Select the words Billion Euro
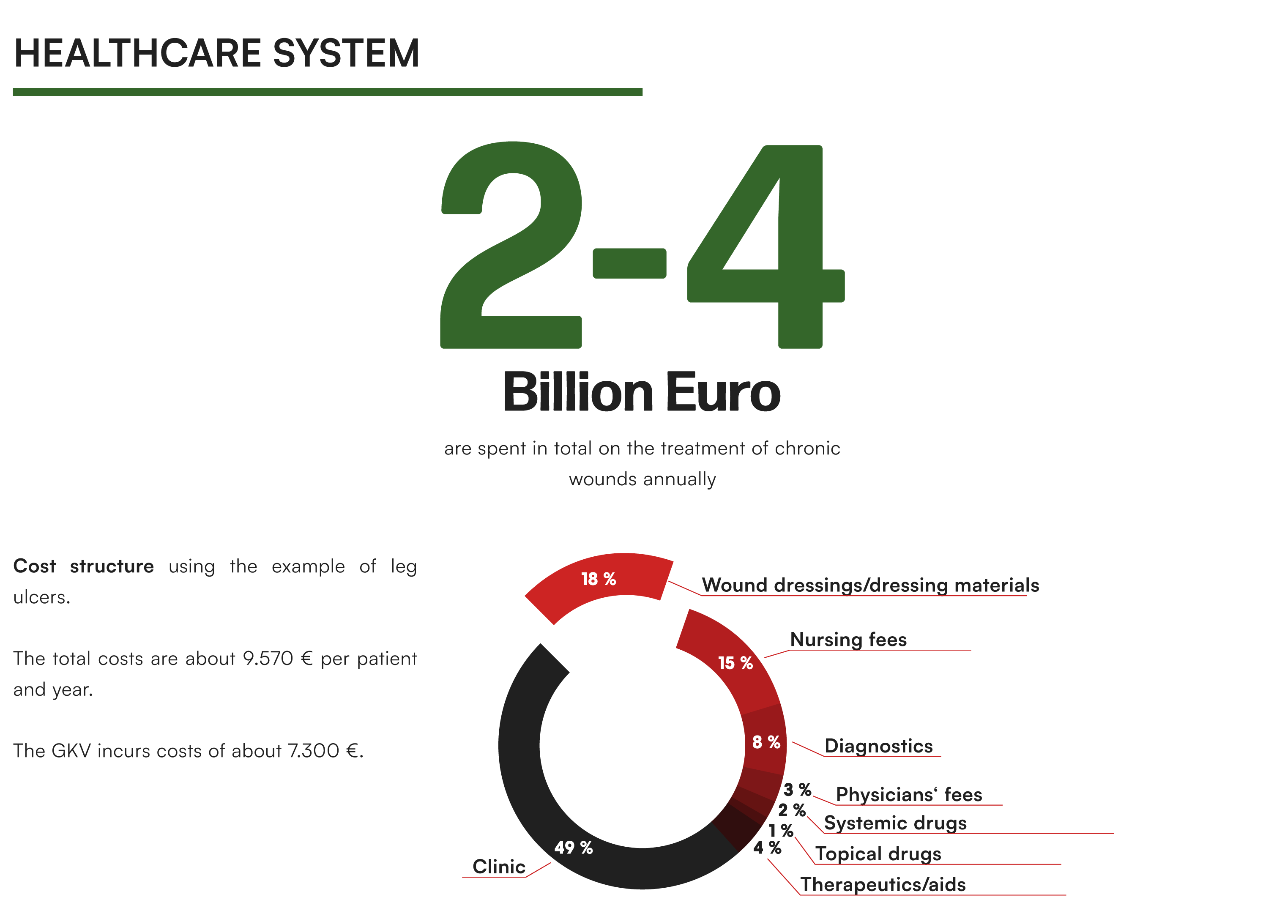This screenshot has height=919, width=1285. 642,391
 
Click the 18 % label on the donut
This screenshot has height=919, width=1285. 598,579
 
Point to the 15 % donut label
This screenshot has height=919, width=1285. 735,663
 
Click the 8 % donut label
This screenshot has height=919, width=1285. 766,742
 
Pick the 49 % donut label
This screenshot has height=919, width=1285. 573,847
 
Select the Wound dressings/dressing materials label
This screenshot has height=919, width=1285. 870,585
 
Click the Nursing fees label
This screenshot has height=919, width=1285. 848,640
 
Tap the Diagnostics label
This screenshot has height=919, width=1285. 878,746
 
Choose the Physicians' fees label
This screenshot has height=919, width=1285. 909,794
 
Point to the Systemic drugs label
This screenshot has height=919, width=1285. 895,823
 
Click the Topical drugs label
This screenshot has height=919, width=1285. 878,853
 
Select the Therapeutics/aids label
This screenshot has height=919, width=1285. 883,884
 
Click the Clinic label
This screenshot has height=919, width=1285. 498,867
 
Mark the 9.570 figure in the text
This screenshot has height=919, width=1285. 268,658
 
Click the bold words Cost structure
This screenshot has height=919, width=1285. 83,566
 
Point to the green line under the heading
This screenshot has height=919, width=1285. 327,92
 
